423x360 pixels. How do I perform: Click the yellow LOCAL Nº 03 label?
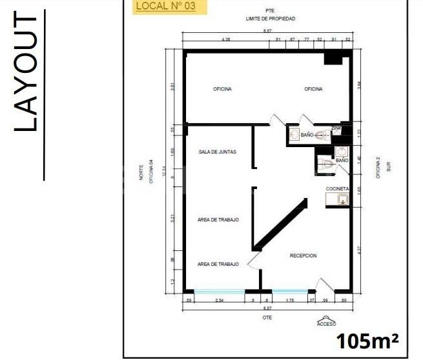click(x=170, y=7)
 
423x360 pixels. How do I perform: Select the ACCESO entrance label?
click(x=325, y=324)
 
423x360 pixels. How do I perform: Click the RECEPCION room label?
click(x=303, y=255)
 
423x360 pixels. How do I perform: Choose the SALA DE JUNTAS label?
click(x=218, y=152)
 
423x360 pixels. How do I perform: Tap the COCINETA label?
click(x=337, y=188)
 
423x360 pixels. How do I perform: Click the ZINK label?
click(x=336, y=128)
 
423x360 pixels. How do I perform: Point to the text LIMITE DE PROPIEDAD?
click(x=271, y=19)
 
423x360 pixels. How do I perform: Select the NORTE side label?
click(x=140, y=174)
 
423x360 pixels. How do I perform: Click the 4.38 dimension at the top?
click(x=226, y=40)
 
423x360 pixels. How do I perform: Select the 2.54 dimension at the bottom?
click(x=220, y=300)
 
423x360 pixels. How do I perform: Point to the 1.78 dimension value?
click(x=290, y=300)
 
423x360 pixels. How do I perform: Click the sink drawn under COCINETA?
click(x=342, y=200)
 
